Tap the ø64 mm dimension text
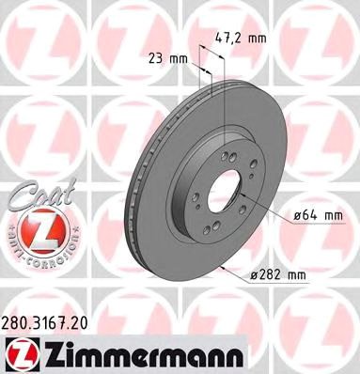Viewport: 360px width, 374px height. pyautogui.click(x=316, y=216)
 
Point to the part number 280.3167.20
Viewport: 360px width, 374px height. pyautogui.click(x=56, y=322)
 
